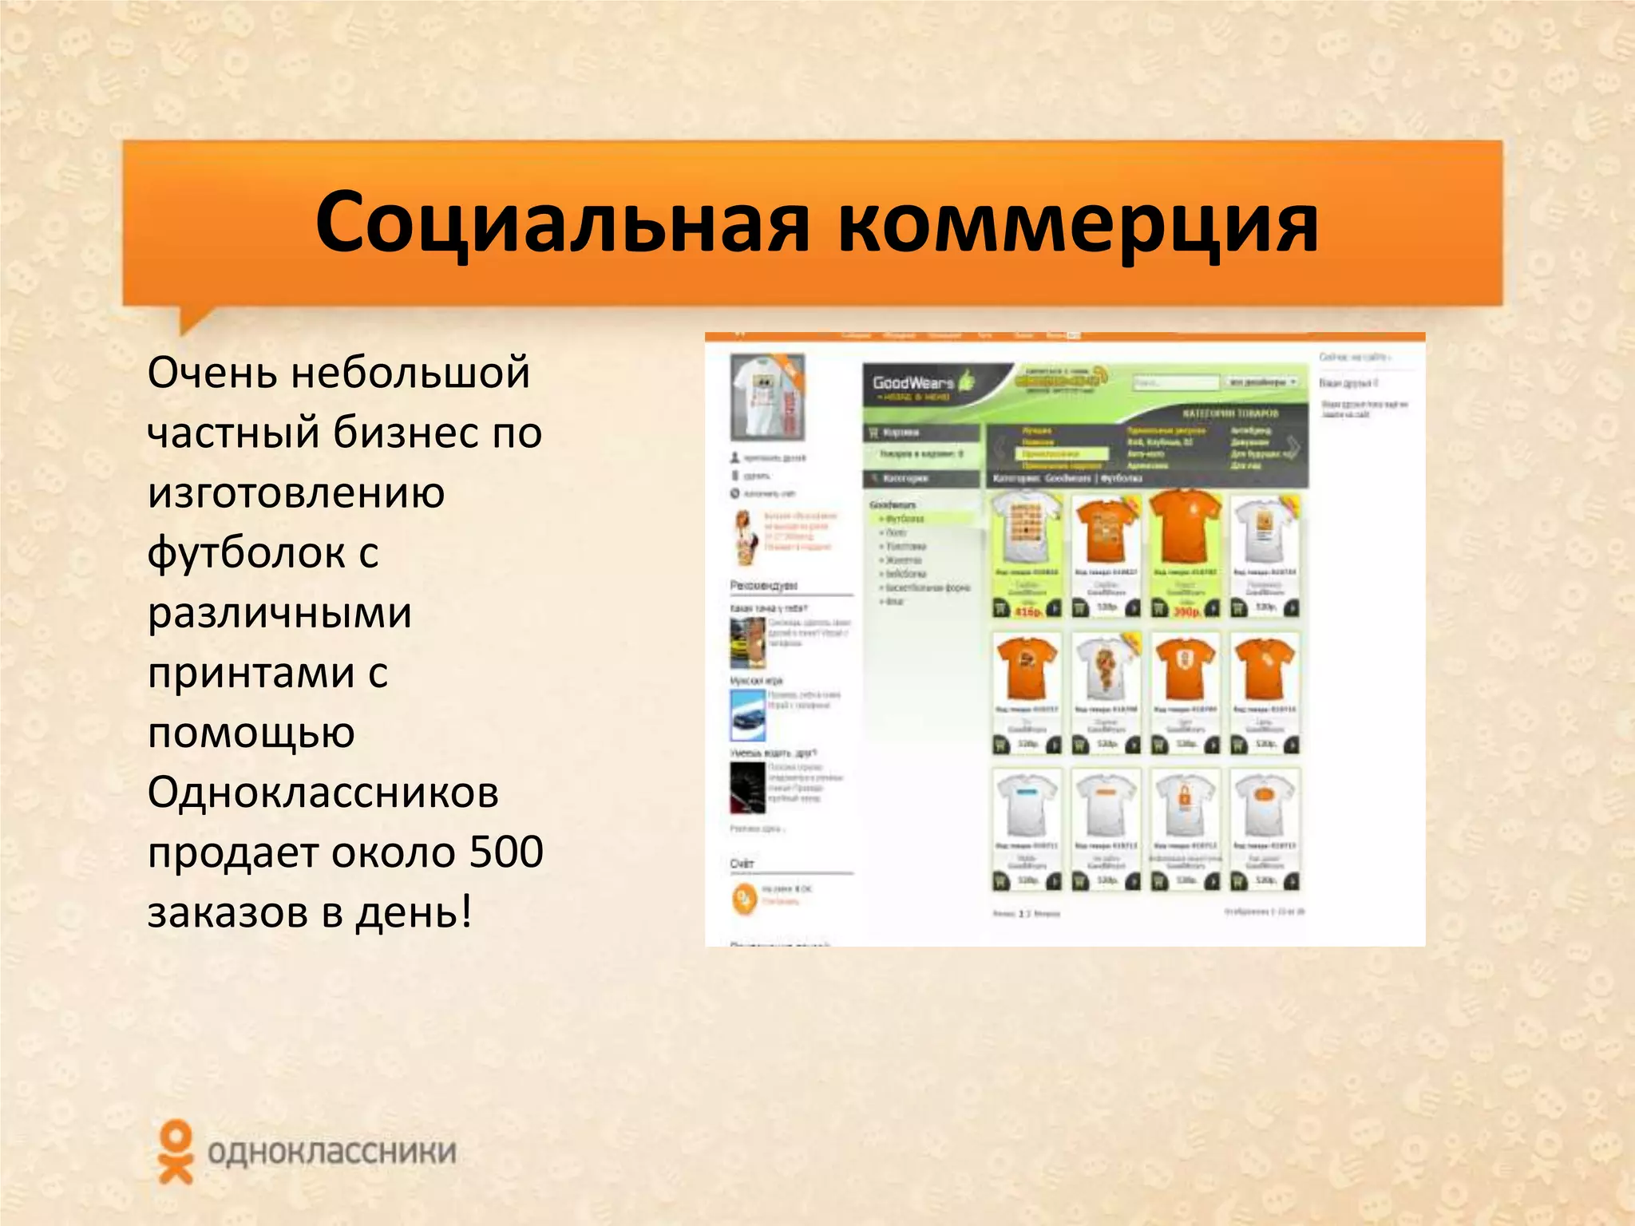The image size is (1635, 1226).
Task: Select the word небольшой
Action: [410, 373]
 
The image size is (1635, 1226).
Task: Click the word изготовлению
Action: [296, 492]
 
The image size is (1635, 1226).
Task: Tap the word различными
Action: [279, 613]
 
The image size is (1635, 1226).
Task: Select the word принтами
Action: [251, 673]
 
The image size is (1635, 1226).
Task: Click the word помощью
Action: [251, 733]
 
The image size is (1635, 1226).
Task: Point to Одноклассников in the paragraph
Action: [323, 793]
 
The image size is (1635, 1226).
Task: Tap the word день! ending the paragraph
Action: [414, 912]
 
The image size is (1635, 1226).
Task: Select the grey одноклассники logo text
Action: [331, 1152]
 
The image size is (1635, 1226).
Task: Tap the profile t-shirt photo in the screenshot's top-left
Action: [767, 397]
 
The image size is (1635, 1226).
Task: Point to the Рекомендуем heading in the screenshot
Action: [763, 586]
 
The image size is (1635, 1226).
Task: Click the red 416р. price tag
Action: [1027, 611]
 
